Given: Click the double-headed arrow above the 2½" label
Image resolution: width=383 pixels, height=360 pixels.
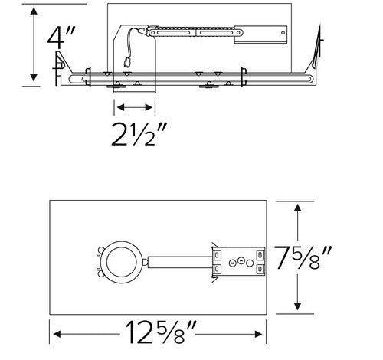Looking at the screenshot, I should (135, 106).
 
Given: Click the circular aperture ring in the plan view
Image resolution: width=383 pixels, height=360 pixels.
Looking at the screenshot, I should (123, 261).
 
